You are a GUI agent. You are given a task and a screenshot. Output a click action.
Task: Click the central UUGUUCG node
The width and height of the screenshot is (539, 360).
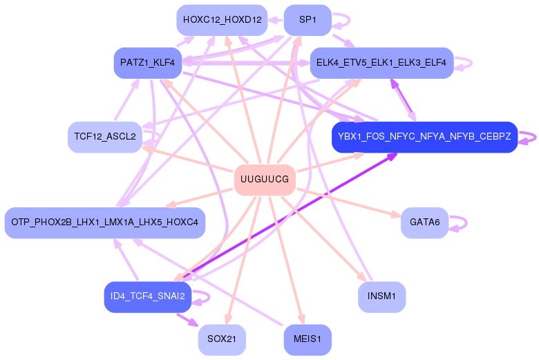pos(265,180)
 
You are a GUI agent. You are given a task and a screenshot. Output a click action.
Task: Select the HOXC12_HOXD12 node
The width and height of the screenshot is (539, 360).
pos(221,21)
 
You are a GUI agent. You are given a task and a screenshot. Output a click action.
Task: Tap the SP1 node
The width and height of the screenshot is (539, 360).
pos(308,21)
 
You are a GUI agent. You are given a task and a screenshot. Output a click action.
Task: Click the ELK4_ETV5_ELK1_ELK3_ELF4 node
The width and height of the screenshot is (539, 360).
pos(381,63)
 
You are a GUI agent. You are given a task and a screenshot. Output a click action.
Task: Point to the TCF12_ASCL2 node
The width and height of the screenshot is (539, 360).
pos(104,137)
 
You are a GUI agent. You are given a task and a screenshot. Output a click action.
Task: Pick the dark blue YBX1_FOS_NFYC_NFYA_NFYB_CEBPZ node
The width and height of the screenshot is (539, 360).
pos(424,137)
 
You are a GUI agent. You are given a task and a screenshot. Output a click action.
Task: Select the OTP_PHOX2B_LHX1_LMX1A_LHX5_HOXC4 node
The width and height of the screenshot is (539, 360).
pos(104,222)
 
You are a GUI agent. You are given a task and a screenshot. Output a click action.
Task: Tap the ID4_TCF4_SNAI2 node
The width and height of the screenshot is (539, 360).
pos(148,297)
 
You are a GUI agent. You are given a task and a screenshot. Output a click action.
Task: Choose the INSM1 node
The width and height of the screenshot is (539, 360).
pos(381,297)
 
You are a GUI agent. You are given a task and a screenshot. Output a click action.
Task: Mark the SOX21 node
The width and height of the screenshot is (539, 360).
pos(221,340)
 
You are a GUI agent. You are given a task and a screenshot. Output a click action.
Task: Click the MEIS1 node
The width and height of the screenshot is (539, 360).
pos(308,340)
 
